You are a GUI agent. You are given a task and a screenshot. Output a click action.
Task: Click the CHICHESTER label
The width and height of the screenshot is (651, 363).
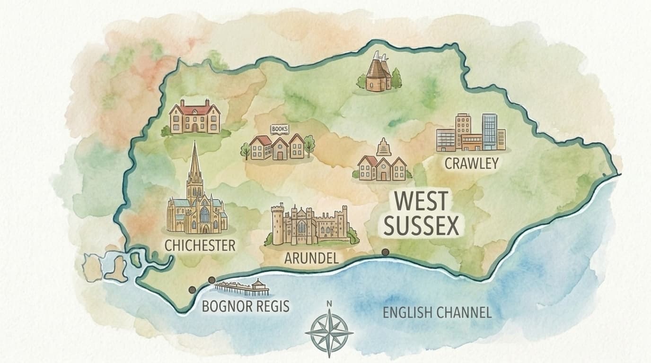(x=200, y=245)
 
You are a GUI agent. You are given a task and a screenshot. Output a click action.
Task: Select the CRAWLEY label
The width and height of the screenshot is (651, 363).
(x=472, y=164)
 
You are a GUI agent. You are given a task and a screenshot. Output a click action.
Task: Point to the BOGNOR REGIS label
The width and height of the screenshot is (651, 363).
(x=246, y=306)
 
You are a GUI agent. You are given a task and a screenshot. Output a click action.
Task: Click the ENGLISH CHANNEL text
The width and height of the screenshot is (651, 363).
(x=437, y=312)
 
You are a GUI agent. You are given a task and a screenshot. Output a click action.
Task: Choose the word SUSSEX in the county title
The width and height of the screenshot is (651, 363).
(x=422, y=226)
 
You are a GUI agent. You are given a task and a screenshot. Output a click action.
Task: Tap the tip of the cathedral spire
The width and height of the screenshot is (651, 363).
(x=194, y=142)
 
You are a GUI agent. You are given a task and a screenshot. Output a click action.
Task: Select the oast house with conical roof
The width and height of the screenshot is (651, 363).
(x=378, y=72)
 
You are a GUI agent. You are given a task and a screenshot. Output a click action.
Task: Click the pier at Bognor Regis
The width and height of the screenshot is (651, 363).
(x=241, y=286)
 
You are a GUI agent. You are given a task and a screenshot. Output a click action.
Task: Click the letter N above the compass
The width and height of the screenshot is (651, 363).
(x=329, y=304)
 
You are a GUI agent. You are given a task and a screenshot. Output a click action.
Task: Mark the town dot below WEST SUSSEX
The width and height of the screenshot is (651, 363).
(x=386, y=252)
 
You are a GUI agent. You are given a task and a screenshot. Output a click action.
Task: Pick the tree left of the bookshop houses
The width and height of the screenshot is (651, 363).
(x=245, y=150)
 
